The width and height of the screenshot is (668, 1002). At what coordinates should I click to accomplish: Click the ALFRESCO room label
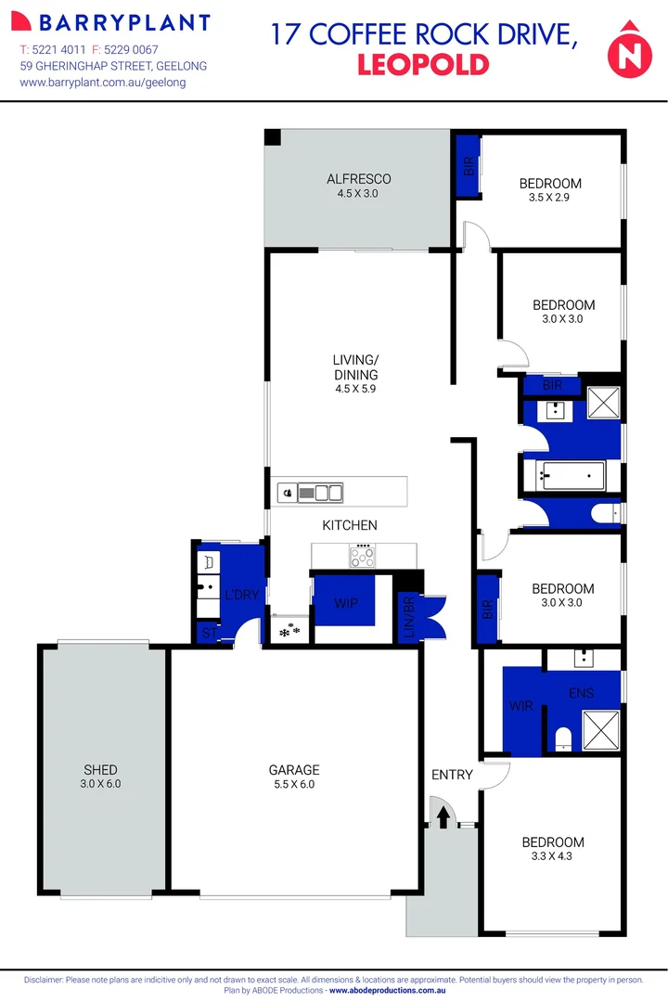(358, 179)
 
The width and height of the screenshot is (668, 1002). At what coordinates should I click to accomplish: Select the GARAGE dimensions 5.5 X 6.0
(294, 784)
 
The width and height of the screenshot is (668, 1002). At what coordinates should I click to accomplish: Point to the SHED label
(100, 769)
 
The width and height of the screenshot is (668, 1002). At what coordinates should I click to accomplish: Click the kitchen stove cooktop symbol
(362, 556)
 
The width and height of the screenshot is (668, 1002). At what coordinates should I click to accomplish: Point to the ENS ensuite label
(581, 693)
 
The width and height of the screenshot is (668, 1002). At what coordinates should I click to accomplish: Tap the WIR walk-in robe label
(521, 707)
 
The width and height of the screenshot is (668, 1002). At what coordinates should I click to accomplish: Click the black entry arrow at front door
(443, 816)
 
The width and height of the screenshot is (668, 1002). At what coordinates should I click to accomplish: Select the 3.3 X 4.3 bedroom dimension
(553, 856)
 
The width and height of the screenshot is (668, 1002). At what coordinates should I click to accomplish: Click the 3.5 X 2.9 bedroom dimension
(550, 198)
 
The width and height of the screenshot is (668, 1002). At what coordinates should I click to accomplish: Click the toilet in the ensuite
(562, 738)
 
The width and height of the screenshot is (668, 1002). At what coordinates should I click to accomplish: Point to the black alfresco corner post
(272, 137)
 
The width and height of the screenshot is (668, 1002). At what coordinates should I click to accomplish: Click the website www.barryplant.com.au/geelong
(103, 83)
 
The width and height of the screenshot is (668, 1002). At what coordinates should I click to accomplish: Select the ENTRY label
(452, 775)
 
